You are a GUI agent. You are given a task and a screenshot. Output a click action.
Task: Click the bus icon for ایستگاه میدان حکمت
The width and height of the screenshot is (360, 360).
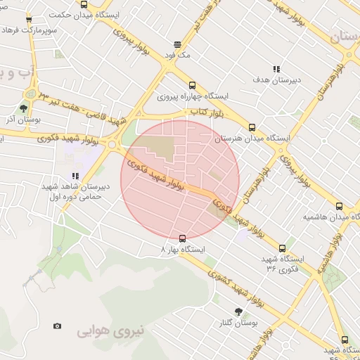coord(84,5)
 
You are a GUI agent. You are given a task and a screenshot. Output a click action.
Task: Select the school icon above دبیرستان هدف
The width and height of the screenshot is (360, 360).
coord(276,69)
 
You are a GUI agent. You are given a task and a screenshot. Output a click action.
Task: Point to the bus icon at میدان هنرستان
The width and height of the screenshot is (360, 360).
coord(252,128)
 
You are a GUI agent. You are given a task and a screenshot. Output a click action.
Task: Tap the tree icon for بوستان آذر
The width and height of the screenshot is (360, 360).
coord(23,108)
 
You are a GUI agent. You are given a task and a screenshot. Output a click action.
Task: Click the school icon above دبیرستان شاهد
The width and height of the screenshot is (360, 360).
coord(75,176)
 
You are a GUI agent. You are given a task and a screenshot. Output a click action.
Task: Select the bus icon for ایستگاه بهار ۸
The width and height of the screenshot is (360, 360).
coord(183,238)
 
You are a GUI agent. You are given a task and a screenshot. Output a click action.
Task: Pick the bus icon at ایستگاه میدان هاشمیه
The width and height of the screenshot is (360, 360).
coord(340,206)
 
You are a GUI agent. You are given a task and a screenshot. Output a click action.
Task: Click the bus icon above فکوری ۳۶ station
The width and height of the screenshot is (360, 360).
coord(283,248)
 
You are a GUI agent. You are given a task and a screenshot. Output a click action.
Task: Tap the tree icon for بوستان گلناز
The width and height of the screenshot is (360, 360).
coord(238,311)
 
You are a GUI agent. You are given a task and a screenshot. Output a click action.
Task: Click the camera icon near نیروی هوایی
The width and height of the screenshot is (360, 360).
coord(57,326)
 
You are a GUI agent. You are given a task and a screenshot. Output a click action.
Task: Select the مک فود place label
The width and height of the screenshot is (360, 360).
coord(177,55)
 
